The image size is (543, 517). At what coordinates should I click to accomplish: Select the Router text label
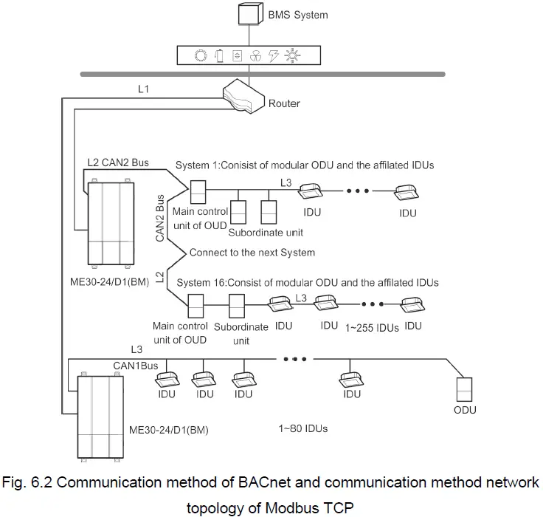point(284,103)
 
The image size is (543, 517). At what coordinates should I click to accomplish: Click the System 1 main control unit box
point(199,192)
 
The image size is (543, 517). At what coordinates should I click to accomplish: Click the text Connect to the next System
point(252,253)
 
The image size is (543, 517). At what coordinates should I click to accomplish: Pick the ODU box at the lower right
point(465,388)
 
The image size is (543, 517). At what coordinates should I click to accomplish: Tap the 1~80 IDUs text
point(303,428)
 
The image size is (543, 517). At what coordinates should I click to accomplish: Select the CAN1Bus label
point(135,365)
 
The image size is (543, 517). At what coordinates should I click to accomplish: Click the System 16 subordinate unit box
point(237,306)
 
